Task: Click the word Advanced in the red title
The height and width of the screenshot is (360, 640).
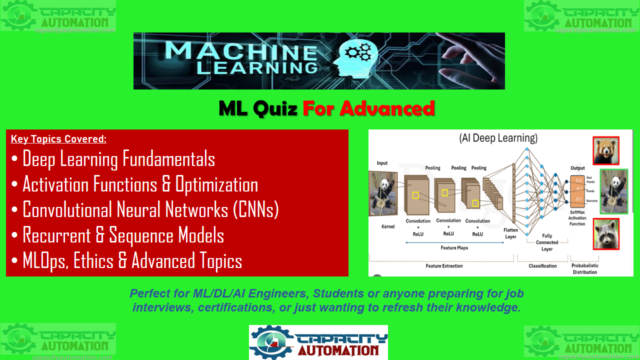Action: click(x=368, y=108)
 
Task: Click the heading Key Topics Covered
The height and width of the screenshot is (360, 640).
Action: click(x=58, y=139)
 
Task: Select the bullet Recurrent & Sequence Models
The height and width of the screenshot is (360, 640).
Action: click(x=123, y=235)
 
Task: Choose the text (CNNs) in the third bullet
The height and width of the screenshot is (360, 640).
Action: click(x=255, y=210)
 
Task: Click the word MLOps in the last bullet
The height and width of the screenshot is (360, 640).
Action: click(x=45, y=261)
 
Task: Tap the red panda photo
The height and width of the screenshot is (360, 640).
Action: click(x=606, y=150)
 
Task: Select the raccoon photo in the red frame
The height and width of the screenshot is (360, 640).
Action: click(x=606, y=233)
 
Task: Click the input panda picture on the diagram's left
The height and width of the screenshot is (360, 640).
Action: click(x=383, y=193)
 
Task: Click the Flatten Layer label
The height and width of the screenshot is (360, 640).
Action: click(x=510, y=233)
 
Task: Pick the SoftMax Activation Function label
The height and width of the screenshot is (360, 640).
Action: click(x=577, y=218)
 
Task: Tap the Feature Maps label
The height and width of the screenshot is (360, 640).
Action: click(x=454, y=248)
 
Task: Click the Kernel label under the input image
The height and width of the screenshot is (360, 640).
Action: click(x=387, y=226)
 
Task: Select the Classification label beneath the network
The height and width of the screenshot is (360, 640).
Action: click(x=542, y=266)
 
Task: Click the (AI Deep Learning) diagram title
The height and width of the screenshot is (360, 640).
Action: click(x=498, y=138)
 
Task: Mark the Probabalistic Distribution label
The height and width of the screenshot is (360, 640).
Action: click(x=585, y=269)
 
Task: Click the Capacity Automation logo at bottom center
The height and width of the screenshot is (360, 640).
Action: click(x=318, y=342)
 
